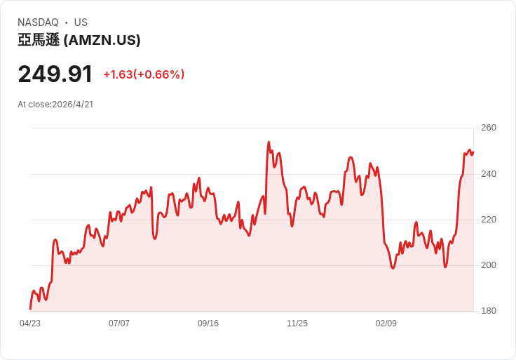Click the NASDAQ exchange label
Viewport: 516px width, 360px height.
38,22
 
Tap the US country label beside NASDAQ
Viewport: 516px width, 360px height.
81,22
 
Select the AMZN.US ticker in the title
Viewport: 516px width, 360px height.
102,40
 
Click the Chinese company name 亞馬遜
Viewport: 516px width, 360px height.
39,40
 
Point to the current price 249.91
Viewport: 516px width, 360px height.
55,74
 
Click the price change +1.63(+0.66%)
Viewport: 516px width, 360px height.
144,74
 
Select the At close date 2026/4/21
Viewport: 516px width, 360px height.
73,105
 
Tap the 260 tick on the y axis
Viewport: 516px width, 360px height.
489,128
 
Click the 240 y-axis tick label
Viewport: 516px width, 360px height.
489,173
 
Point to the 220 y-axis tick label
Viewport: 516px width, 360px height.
489,220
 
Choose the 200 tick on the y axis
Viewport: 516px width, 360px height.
489,265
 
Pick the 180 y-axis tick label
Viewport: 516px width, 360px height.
489,311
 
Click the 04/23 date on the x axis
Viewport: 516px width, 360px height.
30,324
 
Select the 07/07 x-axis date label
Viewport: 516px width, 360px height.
118,324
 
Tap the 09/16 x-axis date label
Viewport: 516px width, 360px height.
208,324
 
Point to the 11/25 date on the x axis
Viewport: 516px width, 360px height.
297,324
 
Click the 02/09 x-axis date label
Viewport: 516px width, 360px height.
386,324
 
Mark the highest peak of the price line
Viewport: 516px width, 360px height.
269,142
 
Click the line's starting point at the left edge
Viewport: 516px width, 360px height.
30,309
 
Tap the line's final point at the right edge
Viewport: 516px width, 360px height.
473,152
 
